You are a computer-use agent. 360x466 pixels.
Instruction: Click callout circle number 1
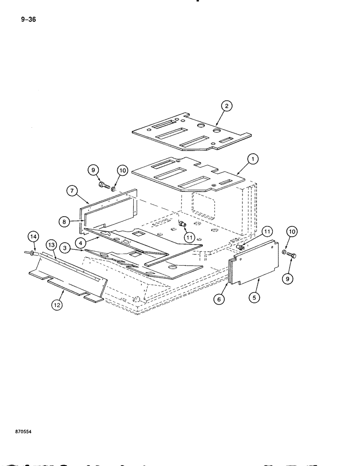[252, 159]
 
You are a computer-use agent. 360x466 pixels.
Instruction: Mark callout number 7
[72, 191]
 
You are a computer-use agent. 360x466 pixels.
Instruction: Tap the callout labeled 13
[51, 245]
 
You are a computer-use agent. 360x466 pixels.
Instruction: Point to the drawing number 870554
[23, 432]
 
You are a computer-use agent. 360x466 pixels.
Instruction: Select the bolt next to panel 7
[104, 187]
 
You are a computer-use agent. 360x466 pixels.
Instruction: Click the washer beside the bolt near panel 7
[114, 190]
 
